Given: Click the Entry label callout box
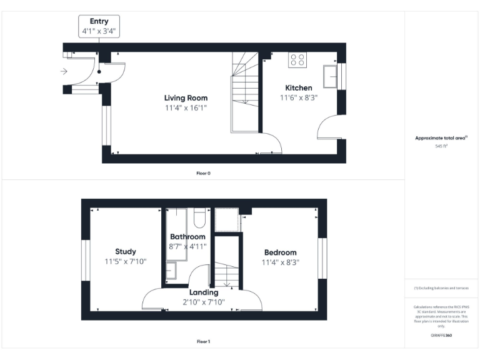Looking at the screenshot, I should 99,26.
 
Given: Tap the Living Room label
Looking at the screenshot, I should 186,98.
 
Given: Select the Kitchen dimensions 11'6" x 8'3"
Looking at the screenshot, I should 299,98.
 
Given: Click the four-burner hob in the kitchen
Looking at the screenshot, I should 297,60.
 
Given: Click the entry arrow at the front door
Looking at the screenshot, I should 64,72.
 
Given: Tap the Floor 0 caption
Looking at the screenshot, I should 203,172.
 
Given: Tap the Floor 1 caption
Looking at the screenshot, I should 203,342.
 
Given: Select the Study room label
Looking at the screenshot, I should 126,252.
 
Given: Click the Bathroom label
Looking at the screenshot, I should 187,237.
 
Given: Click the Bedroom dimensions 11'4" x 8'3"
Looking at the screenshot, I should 281,262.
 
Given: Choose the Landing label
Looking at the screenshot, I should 204,292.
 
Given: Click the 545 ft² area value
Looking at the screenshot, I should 441,146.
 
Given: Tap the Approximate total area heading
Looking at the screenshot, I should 441,138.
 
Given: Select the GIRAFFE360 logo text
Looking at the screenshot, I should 441,336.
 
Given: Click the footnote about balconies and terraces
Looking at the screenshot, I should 441,288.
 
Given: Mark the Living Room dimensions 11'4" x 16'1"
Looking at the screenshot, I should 186,108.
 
